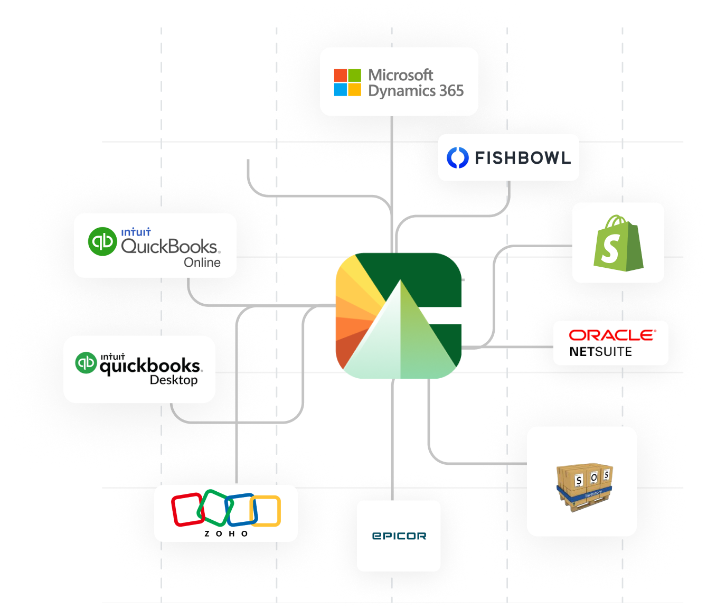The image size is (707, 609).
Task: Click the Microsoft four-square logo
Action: click(x=347, y=82)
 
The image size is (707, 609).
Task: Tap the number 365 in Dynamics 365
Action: click(x=451, y=91)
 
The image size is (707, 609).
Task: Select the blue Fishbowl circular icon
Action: click(x=457, y=157)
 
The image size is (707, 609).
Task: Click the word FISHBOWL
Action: click(x=523, y=157)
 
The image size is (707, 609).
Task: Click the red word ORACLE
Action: click(x=612, y=335)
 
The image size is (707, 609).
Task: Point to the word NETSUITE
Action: click(x=600, y=352)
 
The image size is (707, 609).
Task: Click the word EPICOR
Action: click(x=399, y=536)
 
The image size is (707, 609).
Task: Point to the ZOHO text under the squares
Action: click(x=226, y=534)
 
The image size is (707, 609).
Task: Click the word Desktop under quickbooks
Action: click(x=173, y=380)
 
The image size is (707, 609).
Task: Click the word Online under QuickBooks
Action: click(x=202, y=263)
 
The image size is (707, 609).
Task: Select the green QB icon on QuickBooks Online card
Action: click(x=102, y=241)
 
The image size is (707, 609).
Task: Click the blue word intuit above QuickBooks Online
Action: click(x=136, y=232)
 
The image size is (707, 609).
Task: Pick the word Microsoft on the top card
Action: click(x=400, y=75)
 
